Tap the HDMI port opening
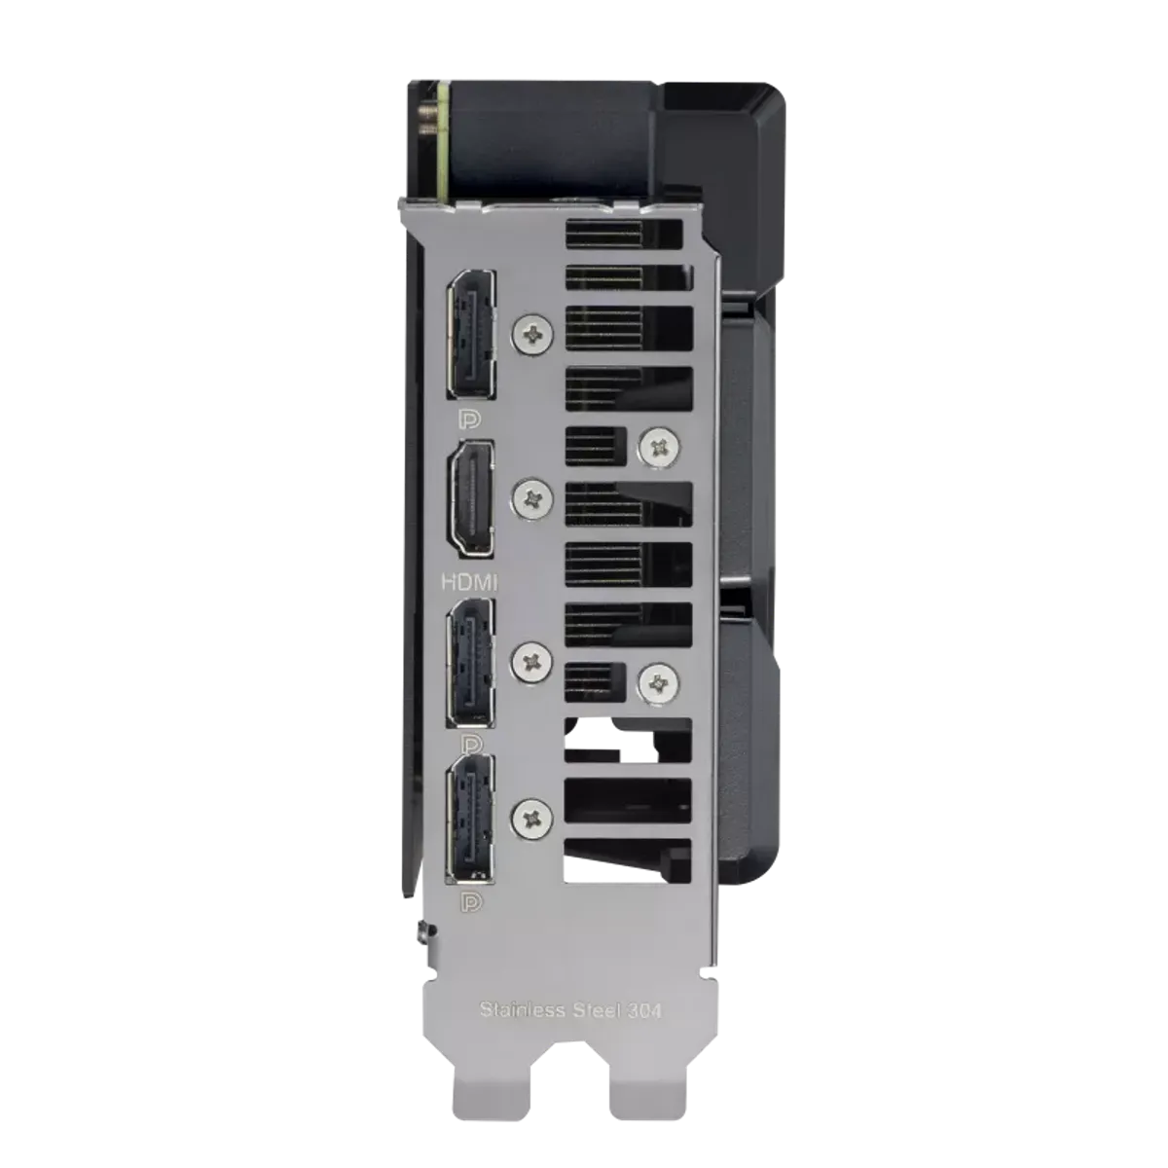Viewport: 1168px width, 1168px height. pos(471,498)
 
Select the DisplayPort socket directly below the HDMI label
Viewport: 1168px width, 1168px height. pos(471,663)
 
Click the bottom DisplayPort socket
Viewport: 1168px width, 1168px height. pos(471,820)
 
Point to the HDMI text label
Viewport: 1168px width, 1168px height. pos(470,583)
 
